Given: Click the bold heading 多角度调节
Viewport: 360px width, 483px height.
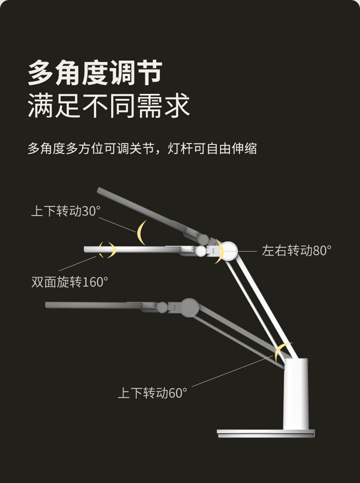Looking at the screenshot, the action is point(95,73).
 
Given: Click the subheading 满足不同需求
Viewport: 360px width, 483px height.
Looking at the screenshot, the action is point(108,106).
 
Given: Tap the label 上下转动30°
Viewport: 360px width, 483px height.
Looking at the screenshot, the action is point(66,211).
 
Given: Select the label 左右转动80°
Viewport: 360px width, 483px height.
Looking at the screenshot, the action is point(296,251).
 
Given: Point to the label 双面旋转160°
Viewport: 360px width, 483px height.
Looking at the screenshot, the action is point(70,282).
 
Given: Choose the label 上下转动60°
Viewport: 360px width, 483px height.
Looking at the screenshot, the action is point(152,393).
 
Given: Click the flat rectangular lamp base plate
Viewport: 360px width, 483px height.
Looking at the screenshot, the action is point(265,433).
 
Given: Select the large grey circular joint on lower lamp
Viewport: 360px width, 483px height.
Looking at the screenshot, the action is point(190,307).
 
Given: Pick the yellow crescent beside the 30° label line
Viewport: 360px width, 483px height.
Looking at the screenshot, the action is point(141,232).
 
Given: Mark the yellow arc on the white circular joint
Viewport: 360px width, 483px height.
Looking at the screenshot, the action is point(220,252).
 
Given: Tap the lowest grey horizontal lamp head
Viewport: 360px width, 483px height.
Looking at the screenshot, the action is point(96,305).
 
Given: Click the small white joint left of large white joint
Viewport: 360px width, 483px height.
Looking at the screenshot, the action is point(201,251).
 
